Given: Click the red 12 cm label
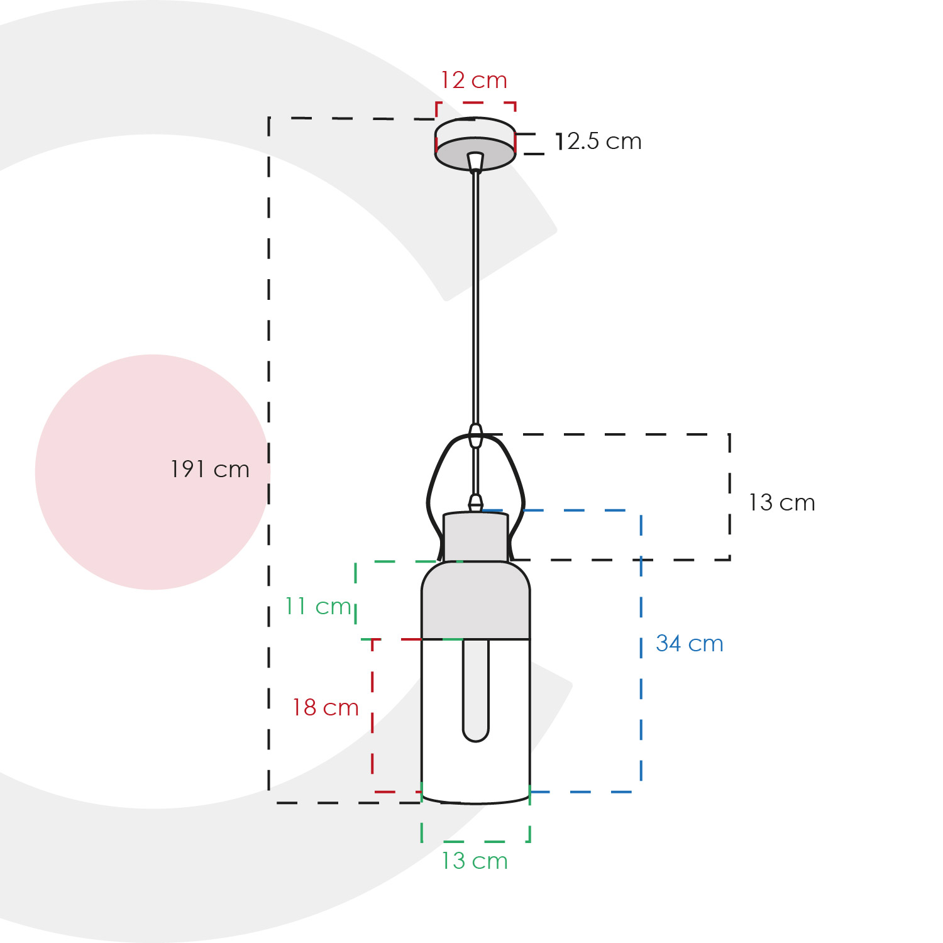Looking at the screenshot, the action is (473, 80).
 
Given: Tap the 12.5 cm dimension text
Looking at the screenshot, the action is (598, 141).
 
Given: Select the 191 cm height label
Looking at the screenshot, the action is (210, 470).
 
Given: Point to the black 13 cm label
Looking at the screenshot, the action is (781, 503).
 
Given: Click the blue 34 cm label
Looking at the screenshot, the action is (690, 644).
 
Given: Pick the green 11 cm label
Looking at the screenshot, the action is (318, 607).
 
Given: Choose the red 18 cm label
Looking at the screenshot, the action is (326, 708).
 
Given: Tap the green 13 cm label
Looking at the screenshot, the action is (475, 861).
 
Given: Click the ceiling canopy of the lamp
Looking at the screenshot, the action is (475, 143).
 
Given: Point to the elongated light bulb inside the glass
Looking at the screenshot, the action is (476, 690).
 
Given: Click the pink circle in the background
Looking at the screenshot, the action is (153, 472).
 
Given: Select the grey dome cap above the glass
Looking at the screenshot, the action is (476, 600).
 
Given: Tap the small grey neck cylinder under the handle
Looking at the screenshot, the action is (476, 536).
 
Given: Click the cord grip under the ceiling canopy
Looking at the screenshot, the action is (476, 162).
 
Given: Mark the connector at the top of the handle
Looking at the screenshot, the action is (476, 435).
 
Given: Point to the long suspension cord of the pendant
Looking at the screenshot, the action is (476, 298).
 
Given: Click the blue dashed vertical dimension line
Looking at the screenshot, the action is (641, 651).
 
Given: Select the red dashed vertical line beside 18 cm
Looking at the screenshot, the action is (373, 715).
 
